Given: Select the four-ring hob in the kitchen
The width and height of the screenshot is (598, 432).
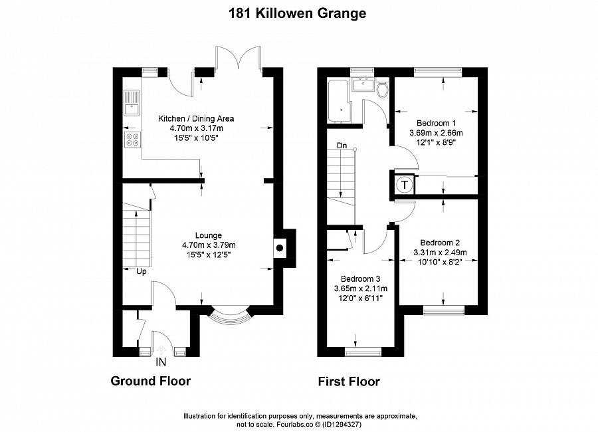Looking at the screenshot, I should pyautogui.click(x=132, y=140).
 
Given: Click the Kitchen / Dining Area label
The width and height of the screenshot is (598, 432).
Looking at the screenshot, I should pyautogui.click(x=195, y=119).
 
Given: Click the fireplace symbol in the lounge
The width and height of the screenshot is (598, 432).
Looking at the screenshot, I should pyautogui.click(x=280, y=249).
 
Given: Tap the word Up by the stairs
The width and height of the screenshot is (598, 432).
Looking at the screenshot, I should pyautogui.click(x=142, y=271).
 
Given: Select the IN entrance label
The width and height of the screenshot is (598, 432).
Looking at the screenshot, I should pyautogui.click(x=161, y=362).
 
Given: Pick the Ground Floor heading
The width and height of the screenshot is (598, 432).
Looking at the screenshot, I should pyautogui.click(x=150, y=381).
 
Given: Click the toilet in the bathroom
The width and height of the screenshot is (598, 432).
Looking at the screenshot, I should pyautogui.click(x=381, y=90).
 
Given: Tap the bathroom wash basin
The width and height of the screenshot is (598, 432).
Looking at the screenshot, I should pyautogui.click(x=363, y=84).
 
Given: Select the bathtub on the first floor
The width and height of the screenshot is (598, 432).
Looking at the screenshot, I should pyautogui.click(x=337, y=100).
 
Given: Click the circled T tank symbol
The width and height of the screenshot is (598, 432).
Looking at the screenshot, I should pyautogui.click(x=403, y=185).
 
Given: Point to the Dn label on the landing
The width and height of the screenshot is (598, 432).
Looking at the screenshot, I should pyautogui.click(x=342, y=145).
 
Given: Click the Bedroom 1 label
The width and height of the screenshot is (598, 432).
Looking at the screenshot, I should pyautogui.click(x=436, y=123).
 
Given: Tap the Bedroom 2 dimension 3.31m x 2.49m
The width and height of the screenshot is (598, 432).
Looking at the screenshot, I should pyautogui.click(x=439, y=253).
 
